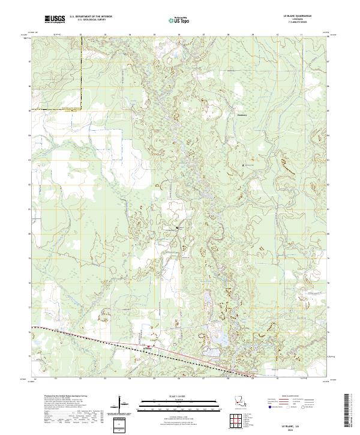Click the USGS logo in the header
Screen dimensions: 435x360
click(54, 19)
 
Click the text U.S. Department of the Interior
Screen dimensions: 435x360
click(91, 16)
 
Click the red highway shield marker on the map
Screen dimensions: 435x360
click(149, 346)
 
